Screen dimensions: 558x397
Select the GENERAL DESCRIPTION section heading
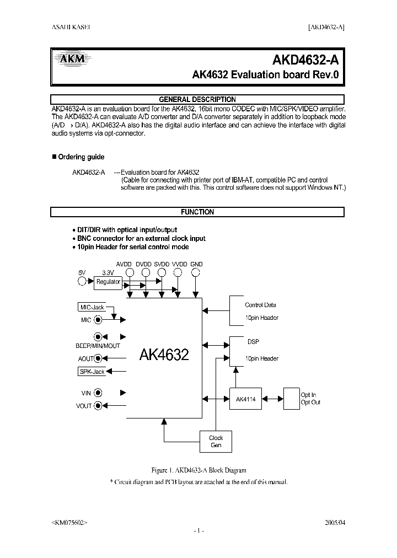[x=197, y=99]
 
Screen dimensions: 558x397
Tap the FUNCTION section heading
[x=197, y=212]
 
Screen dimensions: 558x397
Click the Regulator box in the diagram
[x=108, y=282]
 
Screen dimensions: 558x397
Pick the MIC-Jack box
[x=92, y=307]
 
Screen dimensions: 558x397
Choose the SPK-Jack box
[x=92, y=372]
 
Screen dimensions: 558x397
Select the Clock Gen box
[x=216, y=442]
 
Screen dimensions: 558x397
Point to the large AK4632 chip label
[x=164, y=355]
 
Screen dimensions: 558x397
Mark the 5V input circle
[x=83, y=282]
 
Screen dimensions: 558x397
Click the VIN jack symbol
[x=98, y=393]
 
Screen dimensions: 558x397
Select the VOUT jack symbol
[x=98, y=406]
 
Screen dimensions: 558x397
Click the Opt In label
[x=308, y=395]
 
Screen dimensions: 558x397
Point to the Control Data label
[x=260, y=305]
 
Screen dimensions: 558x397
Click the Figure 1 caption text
[x=198, y=470]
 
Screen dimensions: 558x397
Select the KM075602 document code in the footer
[x=69, y=522]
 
